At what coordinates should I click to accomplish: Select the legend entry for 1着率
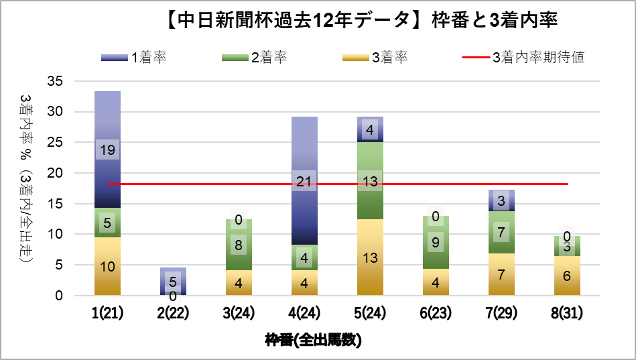coord(133,57)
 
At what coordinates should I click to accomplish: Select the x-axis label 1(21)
coord(107,312)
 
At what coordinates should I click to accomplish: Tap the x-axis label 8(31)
coord(567,312)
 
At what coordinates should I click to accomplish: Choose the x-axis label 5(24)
coord(370,312)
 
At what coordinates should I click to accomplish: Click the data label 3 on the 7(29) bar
coord(501,200)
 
